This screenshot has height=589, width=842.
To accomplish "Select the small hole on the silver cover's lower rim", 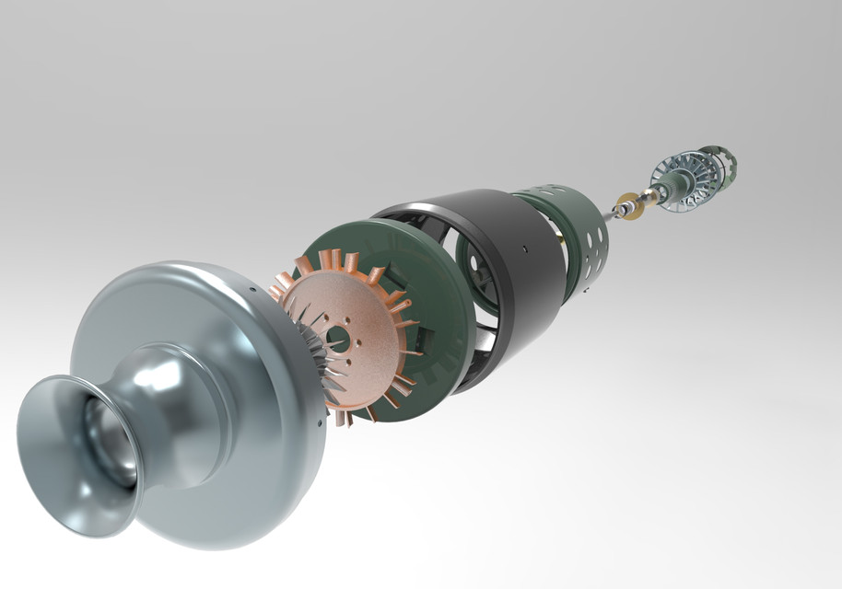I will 320,423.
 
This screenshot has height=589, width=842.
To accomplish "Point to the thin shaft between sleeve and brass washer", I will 609,215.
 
